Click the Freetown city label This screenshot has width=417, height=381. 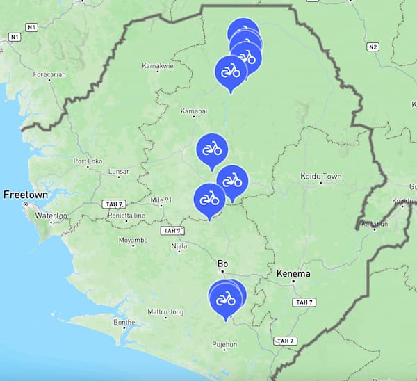pyautogui.click(x=26, y=195)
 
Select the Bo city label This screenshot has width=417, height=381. pyautogui.click(x=222, y=264)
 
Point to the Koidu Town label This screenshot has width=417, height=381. pyautogui.click(x=320, y=177)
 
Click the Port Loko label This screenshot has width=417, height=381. pyautogui.click(x=88, y=161)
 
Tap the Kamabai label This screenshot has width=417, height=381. pyautogui.click(x=194, y=111)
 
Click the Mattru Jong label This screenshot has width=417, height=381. pyautogui.click(x=165, y=312)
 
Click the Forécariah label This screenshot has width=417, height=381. pyautogui.click(x=49, y=73)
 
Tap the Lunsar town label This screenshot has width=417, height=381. pyautogui.click(x=118, y=171)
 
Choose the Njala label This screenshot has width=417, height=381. pyautogui.click(x=179, y=246)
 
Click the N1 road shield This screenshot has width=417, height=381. pyautogui.click(x=31, y=27)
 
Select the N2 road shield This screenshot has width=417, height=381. pyautogui.click(x=373, y=47)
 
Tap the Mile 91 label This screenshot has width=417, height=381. pyautogui.click(x=161, y=201)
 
